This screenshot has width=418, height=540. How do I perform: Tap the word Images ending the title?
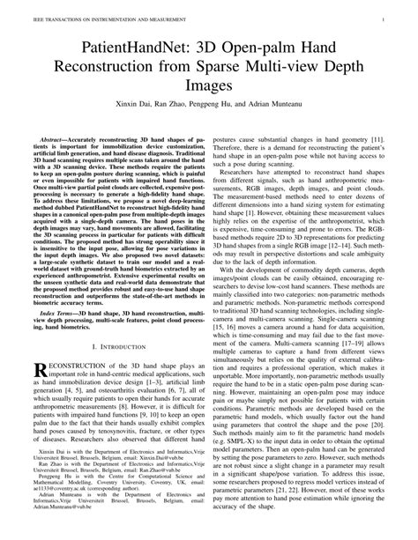click(209, 87)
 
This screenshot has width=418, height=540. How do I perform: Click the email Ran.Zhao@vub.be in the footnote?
click(163, 473)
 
